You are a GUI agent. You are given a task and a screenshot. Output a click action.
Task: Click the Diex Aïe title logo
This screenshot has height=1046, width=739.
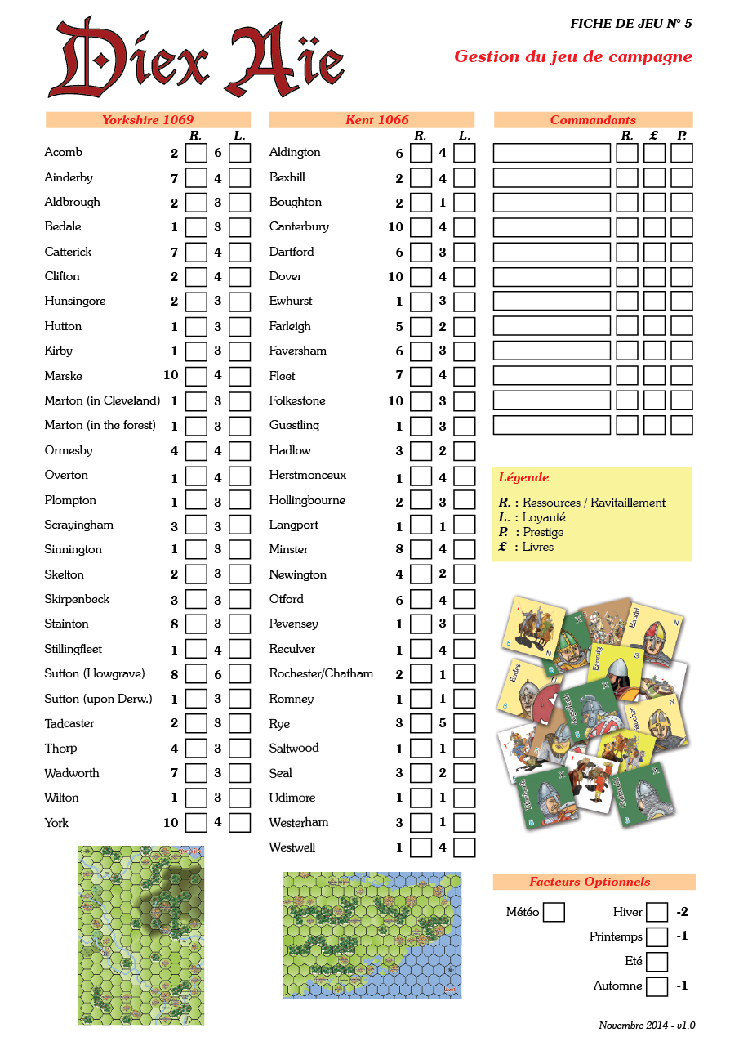coord(196,59)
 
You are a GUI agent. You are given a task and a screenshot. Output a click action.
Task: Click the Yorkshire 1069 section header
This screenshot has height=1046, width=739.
coord(148,120)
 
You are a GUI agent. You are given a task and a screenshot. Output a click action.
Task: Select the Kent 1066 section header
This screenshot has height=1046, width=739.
coord(372,120)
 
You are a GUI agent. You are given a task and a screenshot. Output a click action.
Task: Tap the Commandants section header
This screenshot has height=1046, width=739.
coord(593,120)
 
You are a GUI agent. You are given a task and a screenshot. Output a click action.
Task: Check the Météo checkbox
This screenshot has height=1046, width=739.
coord(554,912)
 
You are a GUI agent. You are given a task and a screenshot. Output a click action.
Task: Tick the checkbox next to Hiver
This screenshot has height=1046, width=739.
coord(657,912)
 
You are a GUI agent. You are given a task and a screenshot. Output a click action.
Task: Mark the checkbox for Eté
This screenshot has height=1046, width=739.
coord(657,962)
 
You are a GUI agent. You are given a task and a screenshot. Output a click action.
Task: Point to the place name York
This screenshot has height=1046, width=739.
coord(56,823)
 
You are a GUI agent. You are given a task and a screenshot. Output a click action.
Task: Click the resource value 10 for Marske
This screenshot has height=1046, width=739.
coord(170,376)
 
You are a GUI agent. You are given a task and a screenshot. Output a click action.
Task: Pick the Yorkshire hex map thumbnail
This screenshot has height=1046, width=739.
coord(140,935)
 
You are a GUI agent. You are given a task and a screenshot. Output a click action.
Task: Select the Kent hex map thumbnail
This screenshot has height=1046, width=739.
coord(372,935)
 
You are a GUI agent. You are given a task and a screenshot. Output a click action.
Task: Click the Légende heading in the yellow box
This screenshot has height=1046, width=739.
coord(523,477)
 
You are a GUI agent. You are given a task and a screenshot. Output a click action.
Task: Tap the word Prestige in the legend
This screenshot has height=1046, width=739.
coord(543,532)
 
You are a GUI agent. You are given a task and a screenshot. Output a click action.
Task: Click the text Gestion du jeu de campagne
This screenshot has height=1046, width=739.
coord(573,56)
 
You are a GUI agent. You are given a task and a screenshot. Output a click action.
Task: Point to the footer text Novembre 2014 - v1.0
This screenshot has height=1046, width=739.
coord(647,1026)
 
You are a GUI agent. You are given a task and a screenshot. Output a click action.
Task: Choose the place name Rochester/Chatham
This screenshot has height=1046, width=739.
coord(321,673)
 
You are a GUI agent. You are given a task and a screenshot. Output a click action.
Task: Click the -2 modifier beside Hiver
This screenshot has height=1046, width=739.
coord(683,912)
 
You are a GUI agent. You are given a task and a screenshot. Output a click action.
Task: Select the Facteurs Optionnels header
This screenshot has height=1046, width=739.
coord(594,882)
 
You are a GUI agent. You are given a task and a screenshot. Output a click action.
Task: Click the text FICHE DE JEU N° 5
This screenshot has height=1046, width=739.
coord(630,24)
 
